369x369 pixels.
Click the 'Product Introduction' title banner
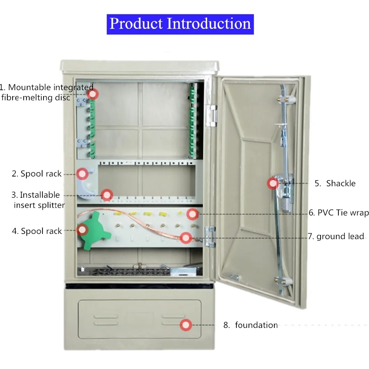click(180, 24)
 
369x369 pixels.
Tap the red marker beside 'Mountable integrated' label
click(93, 94)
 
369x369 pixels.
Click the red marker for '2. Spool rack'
click(83, 173)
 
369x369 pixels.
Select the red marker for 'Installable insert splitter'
click(107, 195)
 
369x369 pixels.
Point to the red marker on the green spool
click(82, 229)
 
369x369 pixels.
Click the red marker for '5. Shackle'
click(273, 183)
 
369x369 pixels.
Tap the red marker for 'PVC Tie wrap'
click(192, 214)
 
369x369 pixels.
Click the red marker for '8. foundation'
click(186, 325)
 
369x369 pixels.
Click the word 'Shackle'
click(341, 183)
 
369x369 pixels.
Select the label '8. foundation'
click(251, 325)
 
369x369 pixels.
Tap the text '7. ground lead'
click(336, 236)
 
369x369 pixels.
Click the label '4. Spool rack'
click(37, 231)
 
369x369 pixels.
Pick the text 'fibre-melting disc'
click(36, 97)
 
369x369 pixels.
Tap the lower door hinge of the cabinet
click(210, 237)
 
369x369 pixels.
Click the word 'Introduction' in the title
click(209, 24)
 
